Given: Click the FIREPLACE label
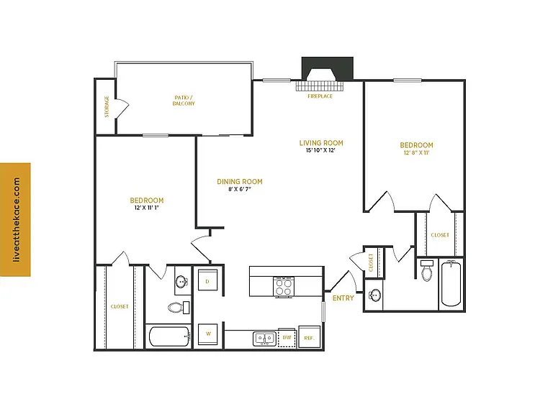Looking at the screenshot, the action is [x=320, y=96].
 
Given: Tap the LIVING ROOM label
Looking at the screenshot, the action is [x=321, y=143].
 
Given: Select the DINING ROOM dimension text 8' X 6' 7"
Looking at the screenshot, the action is [x=240, y=189].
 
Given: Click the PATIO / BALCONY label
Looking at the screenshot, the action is [x=184, y=101].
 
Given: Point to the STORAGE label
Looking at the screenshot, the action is [x=107, y=106].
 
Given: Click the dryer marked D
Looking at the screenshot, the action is [x=207, y=280].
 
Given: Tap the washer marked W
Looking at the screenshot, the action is [x=207, y=334].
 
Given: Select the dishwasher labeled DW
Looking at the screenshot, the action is [x=287, y=338].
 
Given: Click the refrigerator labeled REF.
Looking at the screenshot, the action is [x=310, y=337].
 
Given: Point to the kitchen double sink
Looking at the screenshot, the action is [x=264, y=339].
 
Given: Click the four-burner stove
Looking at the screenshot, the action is [x=284, y=286].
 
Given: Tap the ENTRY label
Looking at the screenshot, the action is [x=343, y=298].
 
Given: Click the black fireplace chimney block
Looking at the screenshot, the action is [x=328, y=68].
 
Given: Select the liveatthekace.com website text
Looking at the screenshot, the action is [x=17, y=220].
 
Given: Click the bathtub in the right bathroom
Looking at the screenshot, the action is [x=451, y=283].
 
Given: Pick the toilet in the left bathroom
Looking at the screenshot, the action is [x=179, y=308].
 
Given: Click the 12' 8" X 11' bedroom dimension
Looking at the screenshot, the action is [x=416, y=153].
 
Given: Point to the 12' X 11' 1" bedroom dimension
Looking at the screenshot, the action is [x=147, y=208].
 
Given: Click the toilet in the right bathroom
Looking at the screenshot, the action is [x=427, y=271].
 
